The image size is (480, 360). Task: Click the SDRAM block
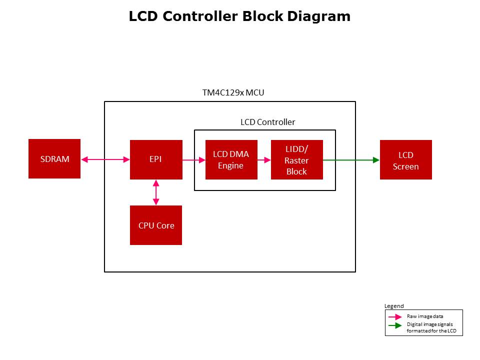[54, 159]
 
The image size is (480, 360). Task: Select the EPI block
[156, 159]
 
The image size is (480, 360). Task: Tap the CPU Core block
[156, 225]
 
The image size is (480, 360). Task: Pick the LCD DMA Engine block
[231, 159]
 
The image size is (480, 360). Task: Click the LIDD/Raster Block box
[296, 160]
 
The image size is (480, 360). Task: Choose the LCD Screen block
[405, 160]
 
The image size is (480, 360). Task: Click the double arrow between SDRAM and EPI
[105, 159]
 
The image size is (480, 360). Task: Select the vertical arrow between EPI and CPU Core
[156, 192]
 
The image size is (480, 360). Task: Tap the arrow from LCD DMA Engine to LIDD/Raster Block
[264, 160]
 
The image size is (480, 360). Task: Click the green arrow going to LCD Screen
[351, 160]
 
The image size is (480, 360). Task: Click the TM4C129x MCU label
[232, 93]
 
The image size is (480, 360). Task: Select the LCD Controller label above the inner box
[267, 122]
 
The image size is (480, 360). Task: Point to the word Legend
[393, 306]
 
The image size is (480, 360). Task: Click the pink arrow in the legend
[395, 316]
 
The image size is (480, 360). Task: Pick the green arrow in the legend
[395, 325]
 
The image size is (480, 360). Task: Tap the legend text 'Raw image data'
[424, 316]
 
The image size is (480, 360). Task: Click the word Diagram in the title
[318, 16]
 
